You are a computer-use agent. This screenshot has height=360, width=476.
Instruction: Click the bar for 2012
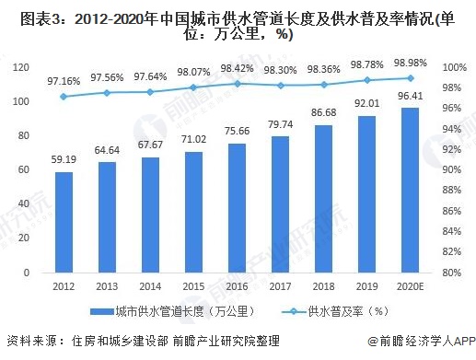[64, 222]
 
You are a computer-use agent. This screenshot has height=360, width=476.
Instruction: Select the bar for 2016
[234, 208]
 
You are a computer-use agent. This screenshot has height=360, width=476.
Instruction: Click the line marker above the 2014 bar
[149, 91]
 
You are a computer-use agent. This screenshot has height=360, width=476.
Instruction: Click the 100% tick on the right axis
[450, 67]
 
